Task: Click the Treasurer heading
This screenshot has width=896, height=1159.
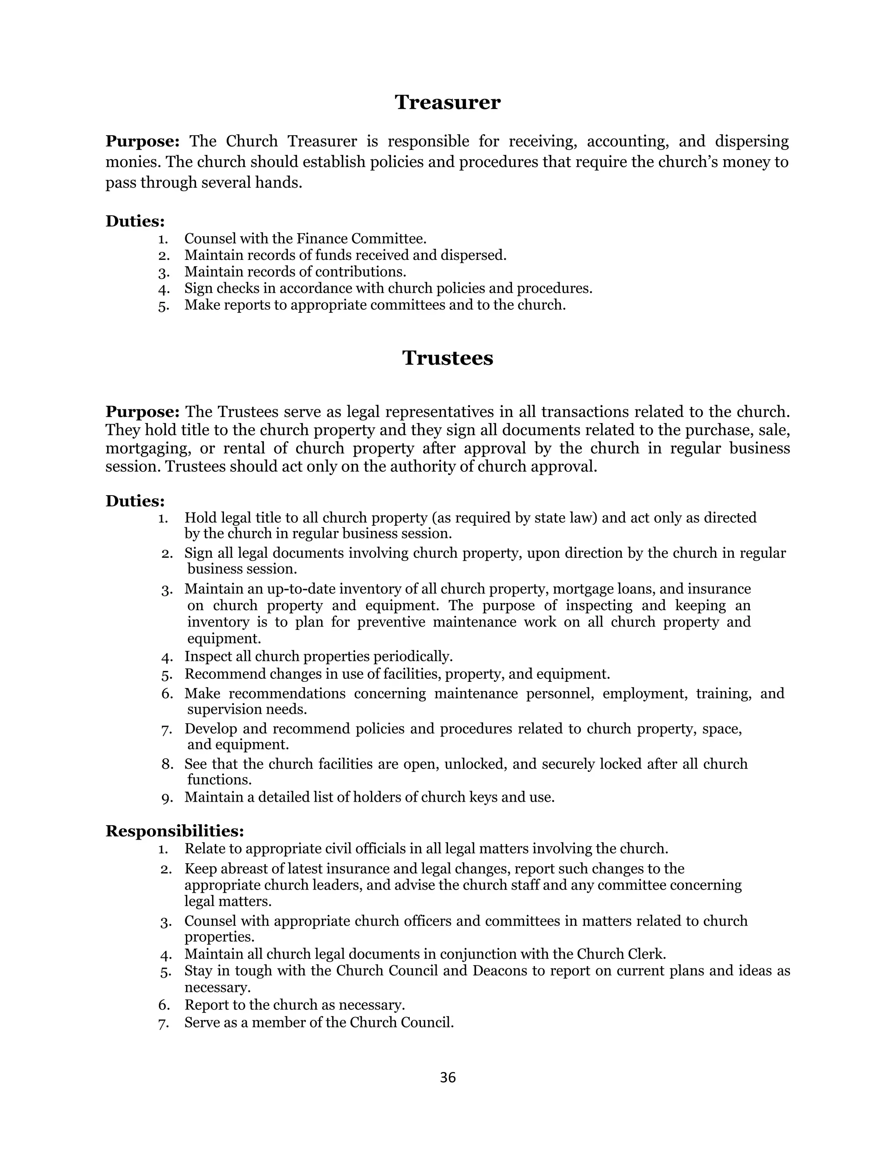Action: click(448, 102)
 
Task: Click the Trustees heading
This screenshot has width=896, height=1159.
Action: click(448, 358)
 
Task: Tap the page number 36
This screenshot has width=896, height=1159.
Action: click(448, 1078)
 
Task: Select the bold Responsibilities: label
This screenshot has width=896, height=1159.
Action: click(175, 831)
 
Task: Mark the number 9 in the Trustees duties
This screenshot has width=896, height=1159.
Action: click(166, 798)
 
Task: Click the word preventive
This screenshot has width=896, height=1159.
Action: click(391, 621)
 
